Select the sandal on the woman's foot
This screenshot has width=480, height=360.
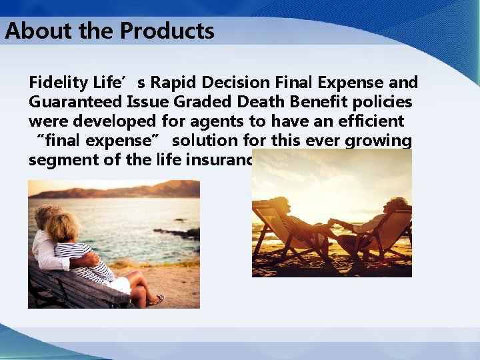[x=155, y=300]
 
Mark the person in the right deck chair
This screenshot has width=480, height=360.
[x=380, y=223]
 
